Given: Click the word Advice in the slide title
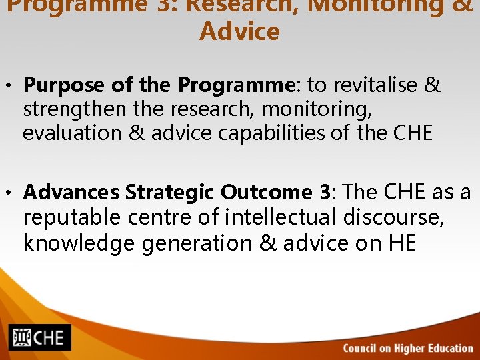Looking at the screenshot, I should tap(239, 31).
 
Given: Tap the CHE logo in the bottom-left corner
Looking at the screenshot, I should tap(39, 337).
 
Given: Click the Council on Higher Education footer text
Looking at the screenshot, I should tap(407, 348).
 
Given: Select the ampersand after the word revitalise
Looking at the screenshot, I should tap(433, 86).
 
